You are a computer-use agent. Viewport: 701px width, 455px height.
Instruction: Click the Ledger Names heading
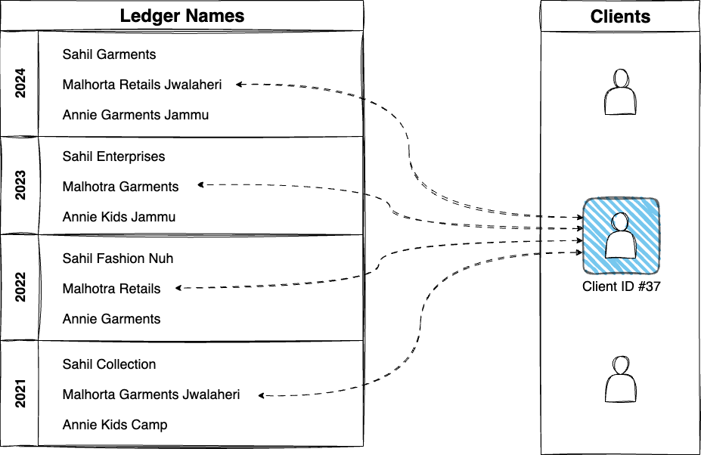coord(182,15)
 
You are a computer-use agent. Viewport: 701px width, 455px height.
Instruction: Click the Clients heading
coord(620,16)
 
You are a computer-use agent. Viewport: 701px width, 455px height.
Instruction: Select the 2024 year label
coord(20,84)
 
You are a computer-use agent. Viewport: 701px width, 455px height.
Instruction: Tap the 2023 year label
coord(20,186)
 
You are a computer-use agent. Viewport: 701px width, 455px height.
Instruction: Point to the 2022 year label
coord(20,288)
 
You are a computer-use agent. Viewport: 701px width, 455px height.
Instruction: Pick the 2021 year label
coord(20,394)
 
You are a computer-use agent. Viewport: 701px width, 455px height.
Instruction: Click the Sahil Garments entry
coord(109,54)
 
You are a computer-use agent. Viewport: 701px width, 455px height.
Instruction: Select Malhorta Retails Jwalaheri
coord(142,85)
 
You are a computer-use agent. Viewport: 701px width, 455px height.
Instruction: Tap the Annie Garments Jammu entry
coord(135,115)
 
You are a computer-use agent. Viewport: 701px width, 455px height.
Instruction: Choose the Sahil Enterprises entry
coord(113,156)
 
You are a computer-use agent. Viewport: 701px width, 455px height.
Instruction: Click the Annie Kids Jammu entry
coord(119,217)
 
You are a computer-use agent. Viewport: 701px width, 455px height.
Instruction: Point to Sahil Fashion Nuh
coord(118,258)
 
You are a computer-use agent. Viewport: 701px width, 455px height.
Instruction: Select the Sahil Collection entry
coord(109,364)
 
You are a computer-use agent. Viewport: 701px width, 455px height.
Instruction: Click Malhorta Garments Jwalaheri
coord(151,395)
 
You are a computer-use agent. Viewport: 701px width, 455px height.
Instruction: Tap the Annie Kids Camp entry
coord(115,425)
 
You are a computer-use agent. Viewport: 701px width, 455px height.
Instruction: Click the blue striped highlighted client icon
coord(621,236)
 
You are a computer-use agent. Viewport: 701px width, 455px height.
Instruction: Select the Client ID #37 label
coord(622,286)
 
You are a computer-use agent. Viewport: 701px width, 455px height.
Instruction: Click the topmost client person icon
coord(621,91)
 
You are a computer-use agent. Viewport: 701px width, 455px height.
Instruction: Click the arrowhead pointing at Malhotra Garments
coord(200,184)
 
